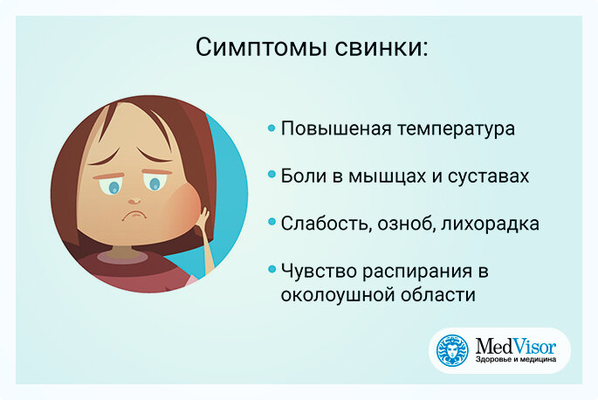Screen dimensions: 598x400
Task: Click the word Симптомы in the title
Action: pyautogui.click(x=261, y=47)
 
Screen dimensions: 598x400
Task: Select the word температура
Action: pyautogui.click(x=456, y=130)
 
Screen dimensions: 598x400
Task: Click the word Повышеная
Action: pyautogui.click(x=336, y=128)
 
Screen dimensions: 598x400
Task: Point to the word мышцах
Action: pyautogui.click(x=387, y=176)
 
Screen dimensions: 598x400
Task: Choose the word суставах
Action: pyautogui.click(x=488, y=176)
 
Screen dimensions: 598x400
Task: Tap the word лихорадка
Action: pyautogui.click(x=490, y=224)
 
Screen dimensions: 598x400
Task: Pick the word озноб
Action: pyautogui.click(x=407, y=224)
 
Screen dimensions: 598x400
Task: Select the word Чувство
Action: pyautogui.click(x=319, y=272)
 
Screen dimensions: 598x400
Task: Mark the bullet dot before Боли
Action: pyautogui.click(x=272, y=175)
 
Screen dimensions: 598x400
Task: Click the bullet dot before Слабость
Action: pyautogui.click(x=272, y=222)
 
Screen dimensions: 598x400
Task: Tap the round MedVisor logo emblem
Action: pyautogui.click(x=452, y=350)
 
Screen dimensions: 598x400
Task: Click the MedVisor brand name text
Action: pyautogui.click(x=516, y=346)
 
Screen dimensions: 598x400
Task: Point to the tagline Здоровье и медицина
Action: pyautogui.click(x=516, y=360)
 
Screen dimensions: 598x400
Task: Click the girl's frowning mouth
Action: pyautogui.click(x=134, y=215)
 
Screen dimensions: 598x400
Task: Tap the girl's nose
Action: pyautogui.click(x=134, y=200)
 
